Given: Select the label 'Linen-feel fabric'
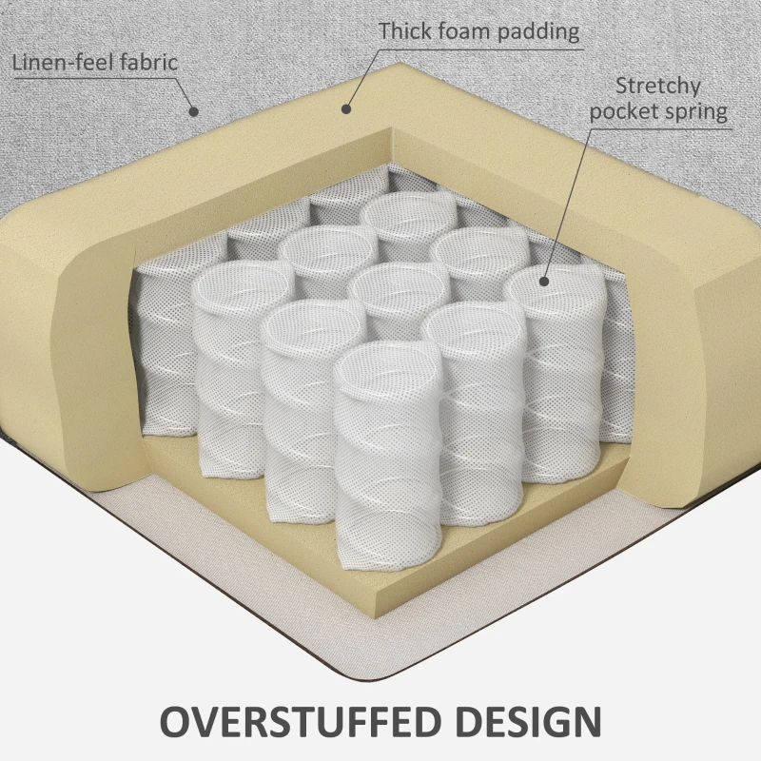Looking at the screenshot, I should click(x=95, y=63).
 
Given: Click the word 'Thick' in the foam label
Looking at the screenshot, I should click(x=407, y=30).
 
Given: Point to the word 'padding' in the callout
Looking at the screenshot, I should click(x=535, y=31).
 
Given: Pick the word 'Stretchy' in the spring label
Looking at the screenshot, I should click(x=658, y=86).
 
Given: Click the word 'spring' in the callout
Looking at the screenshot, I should click(x=695, y=111).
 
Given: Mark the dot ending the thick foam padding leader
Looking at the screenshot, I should click(x=344, y=110).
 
